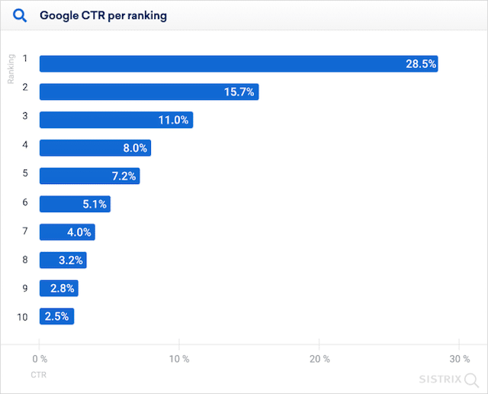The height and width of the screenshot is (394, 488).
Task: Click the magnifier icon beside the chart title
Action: pyautogui.click(x=21, y=15)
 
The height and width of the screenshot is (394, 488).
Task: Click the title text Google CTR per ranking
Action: pyautogui.click(x=103, y=15)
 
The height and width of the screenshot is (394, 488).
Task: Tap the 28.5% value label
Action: pyautogui.click(x=421, y=64)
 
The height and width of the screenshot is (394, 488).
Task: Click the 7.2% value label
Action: pyautogui.click(x=123, y=176)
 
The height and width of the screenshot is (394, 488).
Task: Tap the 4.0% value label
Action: pyautogui.click(x=79, y=232)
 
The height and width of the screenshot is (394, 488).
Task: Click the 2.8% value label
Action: pyautogui.click(x=63, y=288)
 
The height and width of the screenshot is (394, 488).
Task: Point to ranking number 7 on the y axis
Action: pyautogui.click(x=25, y=230)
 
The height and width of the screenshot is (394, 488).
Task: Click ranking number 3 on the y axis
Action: pyautogui.click(x=25, y=116)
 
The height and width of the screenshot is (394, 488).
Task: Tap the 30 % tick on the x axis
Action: pyautogui.click(x=459, y=359)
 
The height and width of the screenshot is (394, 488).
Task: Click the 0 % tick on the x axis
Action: pyautogui.click(x=40, y=359)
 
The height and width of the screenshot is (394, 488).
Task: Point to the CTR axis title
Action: pyautogui.click(x=39, y=376)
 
